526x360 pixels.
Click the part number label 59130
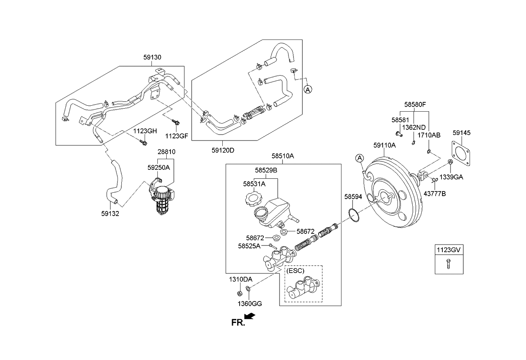click(x=152, y=57)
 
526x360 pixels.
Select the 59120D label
click(x=223, y=150)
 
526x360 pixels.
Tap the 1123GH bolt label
click(x=145, y=131)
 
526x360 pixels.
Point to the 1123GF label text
click(x=176, y=136)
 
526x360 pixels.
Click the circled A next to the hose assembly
click(x=308, y=89)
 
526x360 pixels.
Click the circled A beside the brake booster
click(x=359, y=158)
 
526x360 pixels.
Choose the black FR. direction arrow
click(x=250, y=316)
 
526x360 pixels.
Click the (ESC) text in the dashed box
click(x=296, y=270)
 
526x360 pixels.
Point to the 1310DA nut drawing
click(x=239, y=292)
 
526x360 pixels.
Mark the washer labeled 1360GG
click(x=248, y=290)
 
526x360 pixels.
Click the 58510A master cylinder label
click(x=283, y=156)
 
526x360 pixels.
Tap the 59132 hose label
click(x=110, y=214)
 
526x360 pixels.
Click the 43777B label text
click(x=435, y=193)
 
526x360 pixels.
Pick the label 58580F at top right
click(x=414, y=104)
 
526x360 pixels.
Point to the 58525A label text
click(x=249, y=245)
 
